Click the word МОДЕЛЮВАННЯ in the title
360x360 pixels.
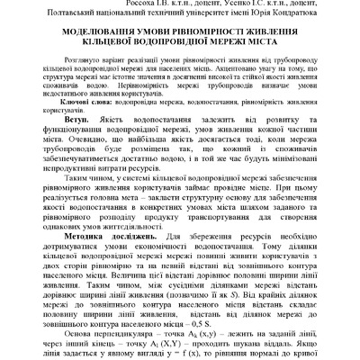[85, 40]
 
